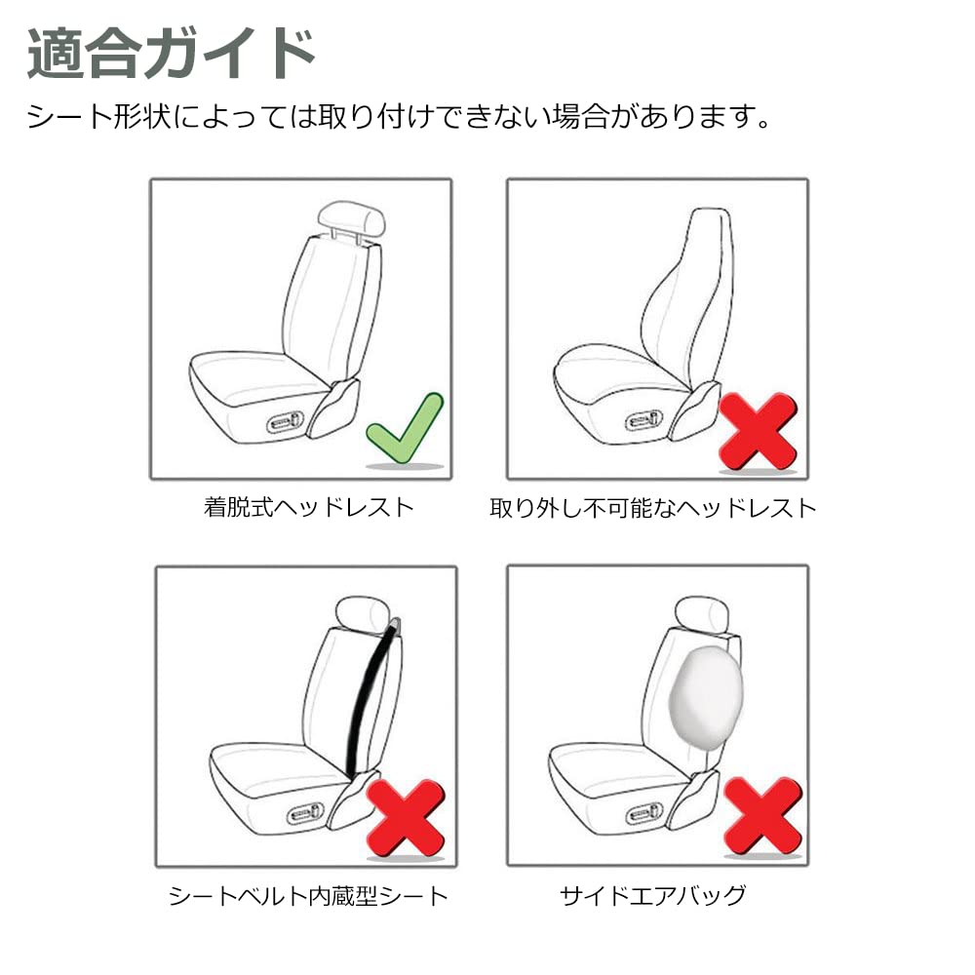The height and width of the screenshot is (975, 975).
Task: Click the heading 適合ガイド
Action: click(172, 54)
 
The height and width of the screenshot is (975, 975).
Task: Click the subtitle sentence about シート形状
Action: click(400, 119)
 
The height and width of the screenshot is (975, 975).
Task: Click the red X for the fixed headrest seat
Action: click(757, 429)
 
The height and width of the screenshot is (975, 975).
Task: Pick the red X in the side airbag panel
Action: click(762, 815)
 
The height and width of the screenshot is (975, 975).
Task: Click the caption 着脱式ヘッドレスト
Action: click(309, 507)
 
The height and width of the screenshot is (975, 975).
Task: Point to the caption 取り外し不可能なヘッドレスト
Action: click(652, 507)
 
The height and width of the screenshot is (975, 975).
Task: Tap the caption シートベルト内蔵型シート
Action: click(308, 895)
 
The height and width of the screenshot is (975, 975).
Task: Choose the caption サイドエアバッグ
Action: click(653, 895)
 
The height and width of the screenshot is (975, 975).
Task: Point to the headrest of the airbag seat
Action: click(705, 612)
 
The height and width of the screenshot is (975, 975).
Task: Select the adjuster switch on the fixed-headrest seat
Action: click(645, 420)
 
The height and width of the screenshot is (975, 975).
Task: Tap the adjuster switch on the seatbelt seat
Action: click(306, 811)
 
